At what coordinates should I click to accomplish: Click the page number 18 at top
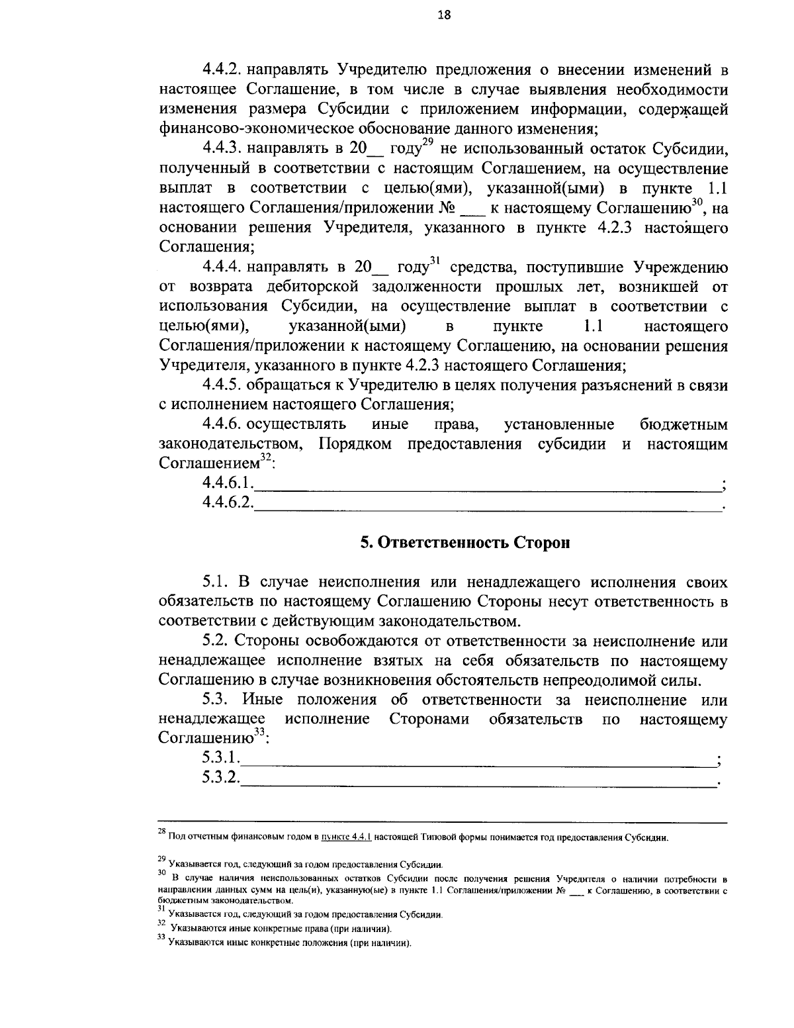point(443,15)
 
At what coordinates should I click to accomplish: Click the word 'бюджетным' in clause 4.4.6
point(684,425)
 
